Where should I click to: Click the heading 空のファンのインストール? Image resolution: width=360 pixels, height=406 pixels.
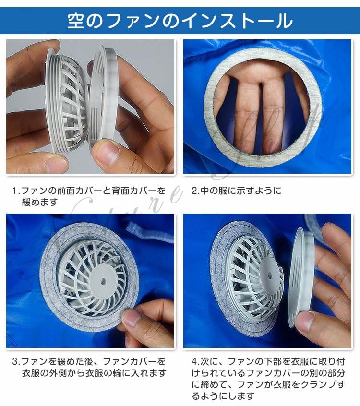[180, 21]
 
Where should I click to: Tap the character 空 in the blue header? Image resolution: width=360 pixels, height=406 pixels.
[76, 21]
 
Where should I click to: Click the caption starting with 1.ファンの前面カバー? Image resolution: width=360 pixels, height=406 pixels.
[89, 196]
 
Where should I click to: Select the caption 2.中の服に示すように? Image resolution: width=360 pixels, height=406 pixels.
[237, 191]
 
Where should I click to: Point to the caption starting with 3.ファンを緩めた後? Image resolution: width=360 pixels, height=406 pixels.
[89, 367]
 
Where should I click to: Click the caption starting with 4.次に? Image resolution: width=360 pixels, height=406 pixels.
[268, 378]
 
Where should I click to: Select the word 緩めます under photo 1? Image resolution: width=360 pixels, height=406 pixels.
[40, 202]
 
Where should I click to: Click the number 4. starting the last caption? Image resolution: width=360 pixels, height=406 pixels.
[196, 362]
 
